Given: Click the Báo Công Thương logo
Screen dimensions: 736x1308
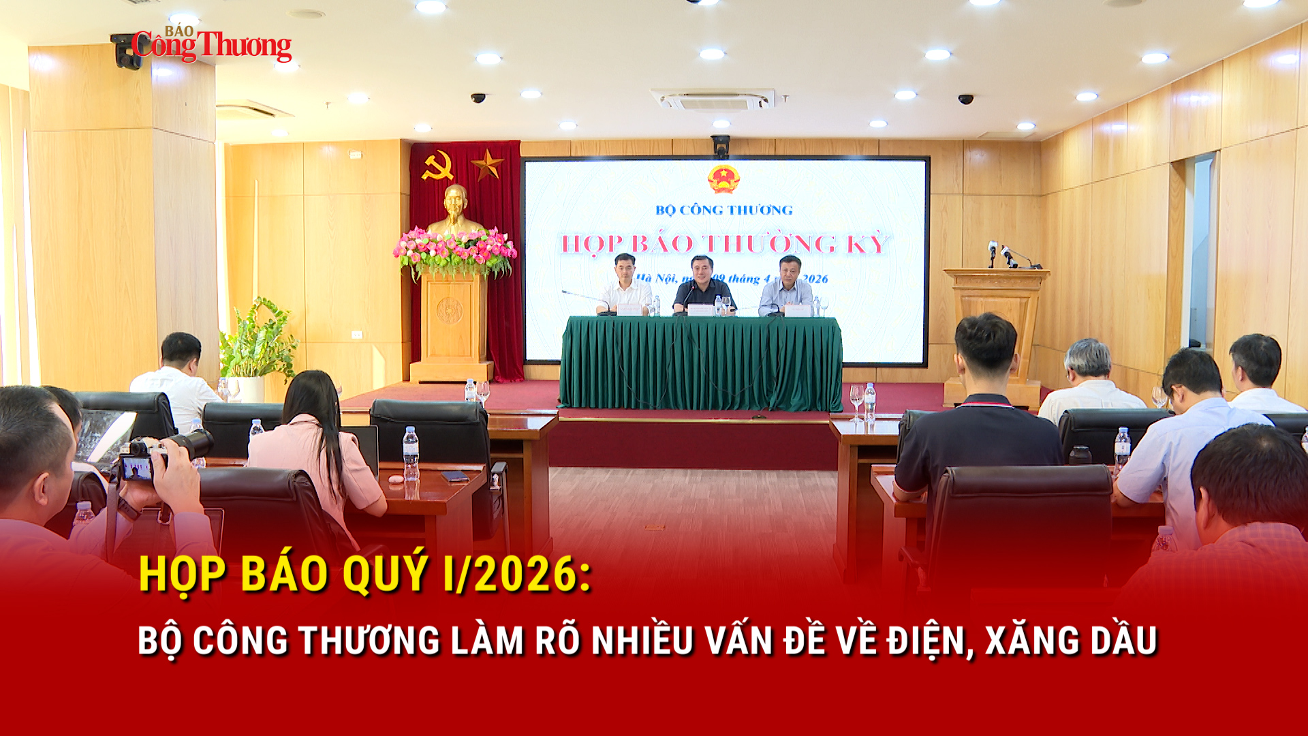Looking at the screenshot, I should click(x=211, y=45).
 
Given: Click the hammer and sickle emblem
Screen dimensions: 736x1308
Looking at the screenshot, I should click(x=437, y=166).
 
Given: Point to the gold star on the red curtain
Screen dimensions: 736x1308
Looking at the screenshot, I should click(x=486, y=164).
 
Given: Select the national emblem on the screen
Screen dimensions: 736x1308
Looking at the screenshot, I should click(x=723, y=179).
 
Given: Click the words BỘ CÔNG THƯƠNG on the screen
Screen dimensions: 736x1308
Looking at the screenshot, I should click(x=723, y=210).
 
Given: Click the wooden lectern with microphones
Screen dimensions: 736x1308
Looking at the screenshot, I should click(x=996, y=320).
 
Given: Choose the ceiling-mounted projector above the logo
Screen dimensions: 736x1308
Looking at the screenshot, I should click(x=127, y=52).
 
